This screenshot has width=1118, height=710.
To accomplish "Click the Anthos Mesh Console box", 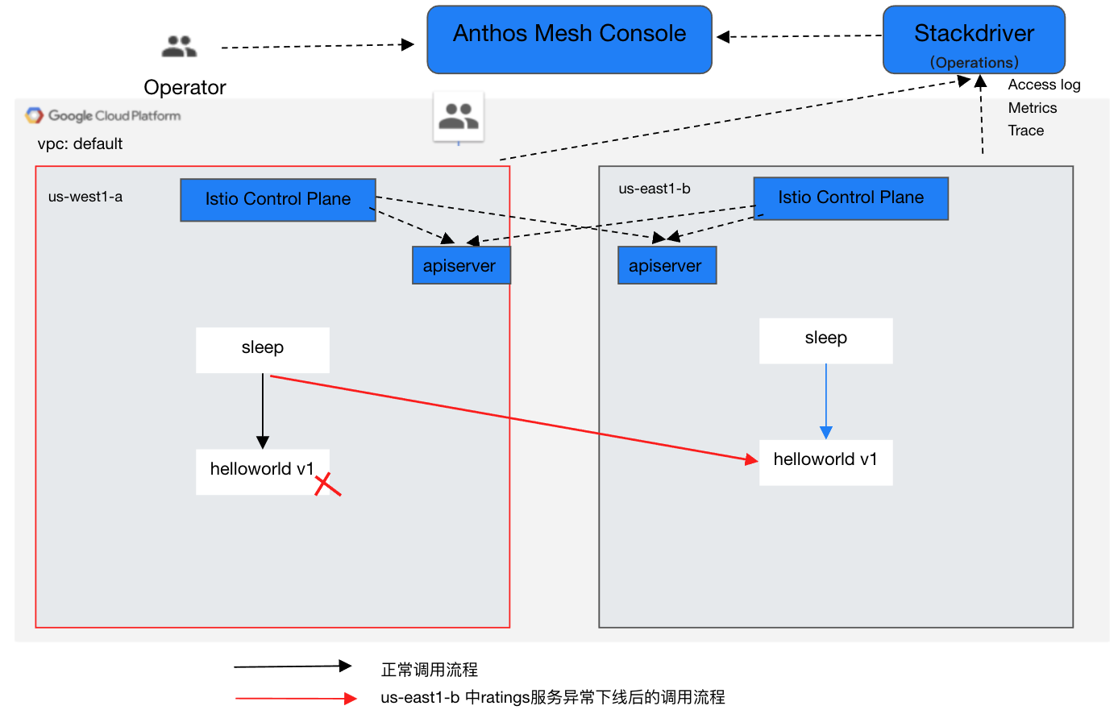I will [569, 39].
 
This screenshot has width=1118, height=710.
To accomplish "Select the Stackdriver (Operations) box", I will [974, 39].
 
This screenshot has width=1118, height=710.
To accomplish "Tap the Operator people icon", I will [179, 47].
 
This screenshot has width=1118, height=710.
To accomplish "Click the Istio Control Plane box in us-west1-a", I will [278, 200].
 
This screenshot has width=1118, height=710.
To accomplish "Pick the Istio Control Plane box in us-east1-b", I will [850, 198].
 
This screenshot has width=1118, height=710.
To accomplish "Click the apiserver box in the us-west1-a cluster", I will [460, 266].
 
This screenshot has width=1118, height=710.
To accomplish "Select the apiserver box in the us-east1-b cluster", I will [667, 266].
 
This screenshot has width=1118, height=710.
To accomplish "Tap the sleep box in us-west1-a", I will [262, 350].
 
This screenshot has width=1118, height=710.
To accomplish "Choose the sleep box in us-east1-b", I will [825, 340].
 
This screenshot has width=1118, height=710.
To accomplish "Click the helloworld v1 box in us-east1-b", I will [825, 462].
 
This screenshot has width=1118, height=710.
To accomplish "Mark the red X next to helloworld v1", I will [326, 484].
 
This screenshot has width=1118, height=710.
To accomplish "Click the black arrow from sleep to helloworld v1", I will [263, 410].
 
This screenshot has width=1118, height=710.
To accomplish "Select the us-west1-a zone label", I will [85, 197].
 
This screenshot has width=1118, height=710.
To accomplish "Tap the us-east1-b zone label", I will [655, 189].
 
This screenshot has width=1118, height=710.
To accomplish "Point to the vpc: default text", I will [80, 144].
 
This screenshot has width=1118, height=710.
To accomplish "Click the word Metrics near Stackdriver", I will [1032, 108].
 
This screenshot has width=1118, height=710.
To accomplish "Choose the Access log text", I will [1044, 85].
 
